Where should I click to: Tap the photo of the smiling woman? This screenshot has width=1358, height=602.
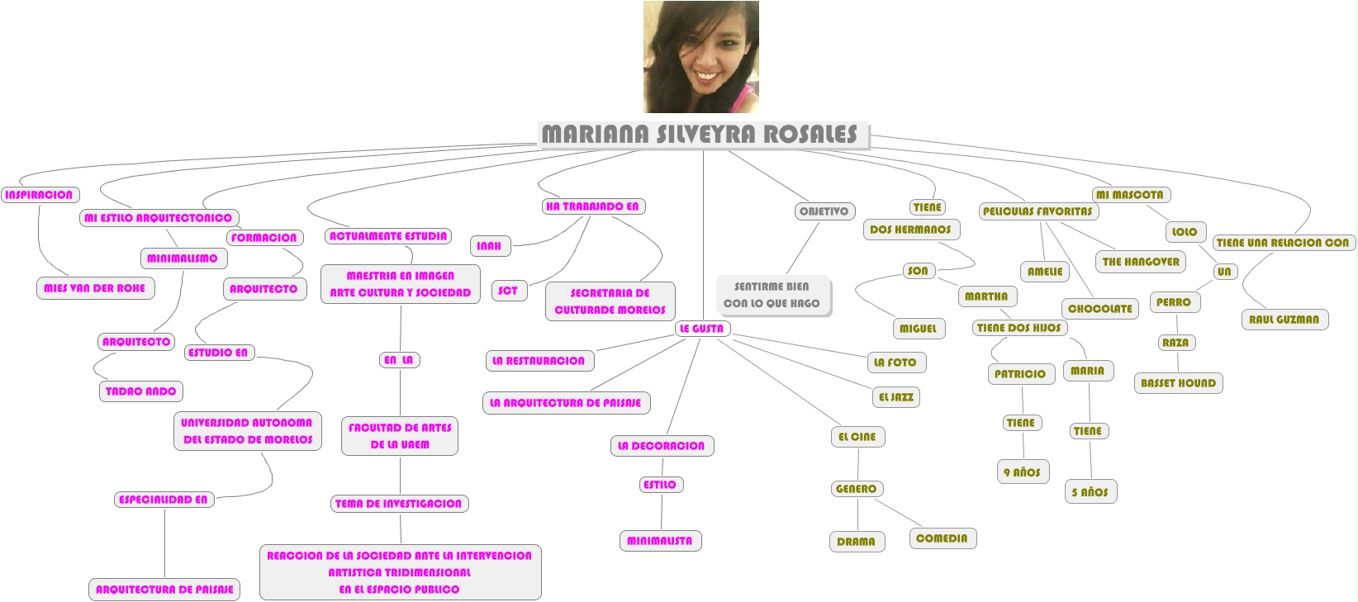coord(700,57)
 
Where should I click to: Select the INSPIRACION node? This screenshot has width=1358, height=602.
coord(39,195)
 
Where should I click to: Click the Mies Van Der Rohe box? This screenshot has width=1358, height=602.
coord(95,288)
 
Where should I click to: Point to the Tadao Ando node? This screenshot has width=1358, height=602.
coord(141,391)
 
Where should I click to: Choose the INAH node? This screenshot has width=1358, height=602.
coord(490,246)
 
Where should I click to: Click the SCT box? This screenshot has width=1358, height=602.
coord(508,291)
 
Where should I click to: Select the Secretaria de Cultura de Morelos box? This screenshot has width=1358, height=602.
coord(610,301)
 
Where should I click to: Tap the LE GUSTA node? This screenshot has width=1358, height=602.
coord(701,329)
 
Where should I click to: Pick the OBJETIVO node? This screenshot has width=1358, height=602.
coord(824,211)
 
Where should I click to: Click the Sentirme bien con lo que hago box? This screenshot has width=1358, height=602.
coord(772,295)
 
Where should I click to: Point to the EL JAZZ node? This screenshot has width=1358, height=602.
coord(896,397)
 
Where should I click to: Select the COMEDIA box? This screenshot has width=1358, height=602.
coord(942,538)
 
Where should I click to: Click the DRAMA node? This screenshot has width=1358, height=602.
coord(856,542)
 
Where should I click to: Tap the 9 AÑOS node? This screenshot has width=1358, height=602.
coord(1023,472)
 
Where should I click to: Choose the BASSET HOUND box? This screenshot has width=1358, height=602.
coord(1178,383)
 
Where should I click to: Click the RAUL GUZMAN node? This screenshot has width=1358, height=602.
coord(1284,320)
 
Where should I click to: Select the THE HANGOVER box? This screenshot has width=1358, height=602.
coord(1141,262)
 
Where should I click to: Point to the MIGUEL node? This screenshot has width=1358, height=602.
coord(918,329)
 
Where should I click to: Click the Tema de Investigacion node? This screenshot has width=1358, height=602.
coord(399,504)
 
